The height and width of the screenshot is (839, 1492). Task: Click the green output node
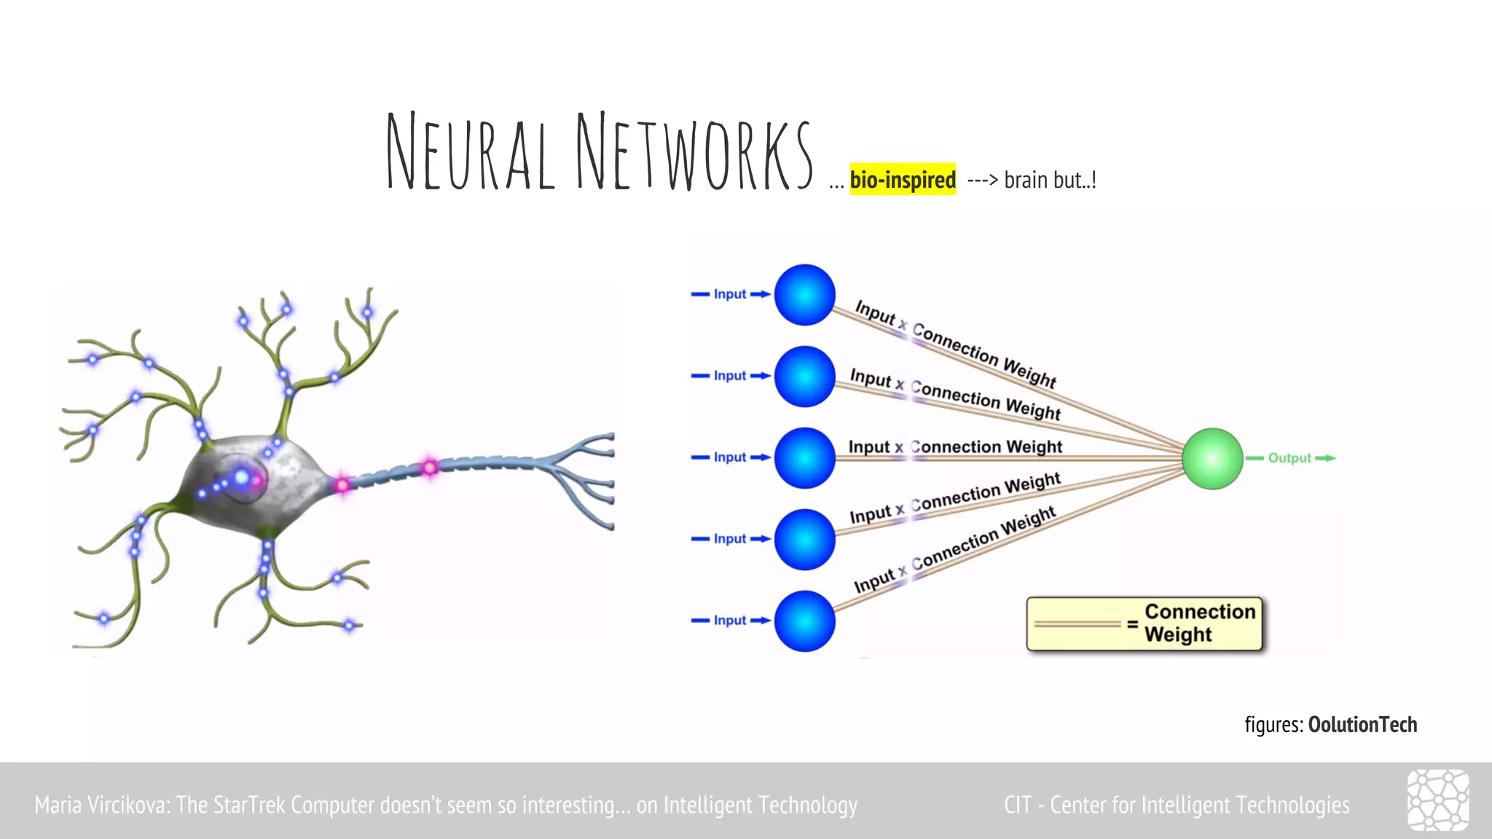coord(1212,458)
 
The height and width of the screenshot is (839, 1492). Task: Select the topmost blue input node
coord(804,295)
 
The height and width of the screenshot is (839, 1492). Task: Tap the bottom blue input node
coord(804,621)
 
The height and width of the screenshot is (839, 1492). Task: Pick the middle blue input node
coord(804,458)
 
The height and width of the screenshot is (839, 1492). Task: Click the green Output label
coord(1289,458)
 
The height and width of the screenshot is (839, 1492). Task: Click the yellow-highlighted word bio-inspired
coord(903,179)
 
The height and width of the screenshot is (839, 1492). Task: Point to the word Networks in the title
coord(694,153)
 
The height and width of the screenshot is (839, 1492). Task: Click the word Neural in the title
coord(470,153)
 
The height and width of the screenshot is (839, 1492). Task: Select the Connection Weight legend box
coord(1144,623)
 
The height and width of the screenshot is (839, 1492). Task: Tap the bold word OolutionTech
coord(1362,725)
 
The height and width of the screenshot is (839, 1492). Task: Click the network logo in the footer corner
coord(1437,800)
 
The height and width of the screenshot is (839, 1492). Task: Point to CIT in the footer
coord(1017,805)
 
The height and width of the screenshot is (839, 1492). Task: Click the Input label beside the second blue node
coord(729,376)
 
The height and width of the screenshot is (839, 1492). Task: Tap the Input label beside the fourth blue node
coord(729,539)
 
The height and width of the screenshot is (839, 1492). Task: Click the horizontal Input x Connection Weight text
coord(955,446)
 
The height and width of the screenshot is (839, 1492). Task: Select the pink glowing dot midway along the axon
coord(430,467)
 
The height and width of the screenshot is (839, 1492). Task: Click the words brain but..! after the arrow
coord(1050,180)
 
